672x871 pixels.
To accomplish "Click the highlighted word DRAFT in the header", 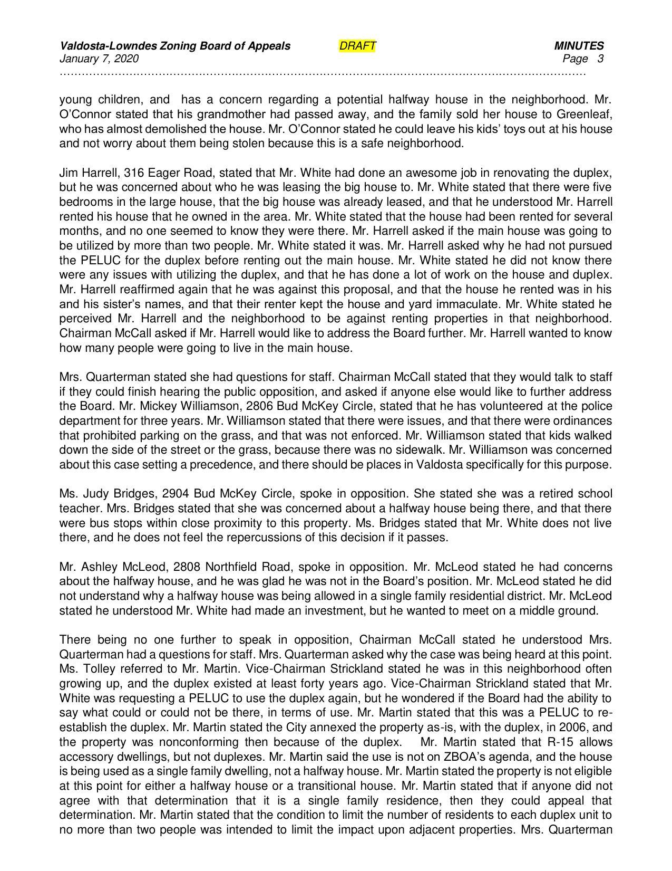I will (357, 46).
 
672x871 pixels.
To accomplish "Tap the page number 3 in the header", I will (600, 59).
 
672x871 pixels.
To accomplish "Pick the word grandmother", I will (209, 114).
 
